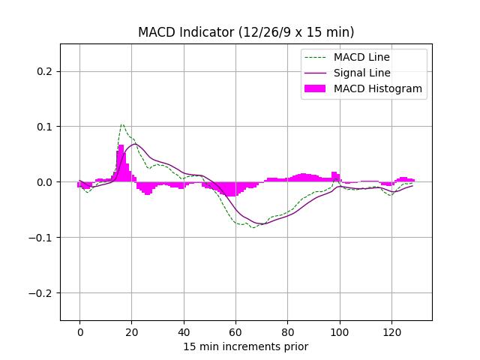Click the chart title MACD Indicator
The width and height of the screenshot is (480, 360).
click(246, 32)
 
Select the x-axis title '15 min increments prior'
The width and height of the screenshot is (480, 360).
click(246, 346)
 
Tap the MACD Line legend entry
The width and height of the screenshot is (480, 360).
click(361, 57)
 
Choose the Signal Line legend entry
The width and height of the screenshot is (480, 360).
click(361, 73)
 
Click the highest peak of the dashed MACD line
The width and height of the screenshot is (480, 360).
click(122, 124)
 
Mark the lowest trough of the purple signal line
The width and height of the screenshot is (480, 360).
click(262, 223)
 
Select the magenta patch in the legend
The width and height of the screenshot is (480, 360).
click(315, 88)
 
